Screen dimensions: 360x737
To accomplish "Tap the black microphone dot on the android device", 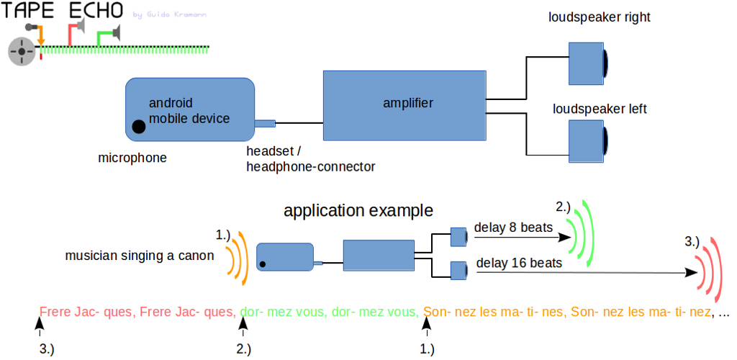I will [x=138, y=127].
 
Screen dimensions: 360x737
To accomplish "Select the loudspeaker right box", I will [x=588, y=61].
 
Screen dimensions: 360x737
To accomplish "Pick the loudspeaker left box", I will [x=588, y=140].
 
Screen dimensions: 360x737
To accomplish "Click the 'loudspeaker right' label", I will [x=599, y=17].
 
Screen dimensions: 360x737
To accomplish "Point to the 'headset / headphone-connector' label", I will [x=310, y=159].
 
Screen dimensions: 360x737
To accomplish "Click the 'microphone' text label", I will [x=132, y=157].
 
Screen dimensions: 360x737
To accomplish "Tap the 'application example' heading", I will [x=358, y=211].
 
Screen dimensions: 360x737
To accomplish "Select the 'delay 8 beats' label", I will [x=513, y=228].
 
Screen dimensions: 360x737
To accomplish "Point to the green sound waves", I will [x=582, y=229].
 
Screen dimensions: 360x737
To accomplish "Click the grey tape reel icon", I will [x=22, y=52].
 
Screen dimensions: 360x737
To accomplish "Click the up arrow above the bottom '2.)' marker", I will [x=243, y=327].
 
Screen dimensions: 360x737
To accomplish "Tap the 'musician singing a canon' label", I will [x=140, y=256].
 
